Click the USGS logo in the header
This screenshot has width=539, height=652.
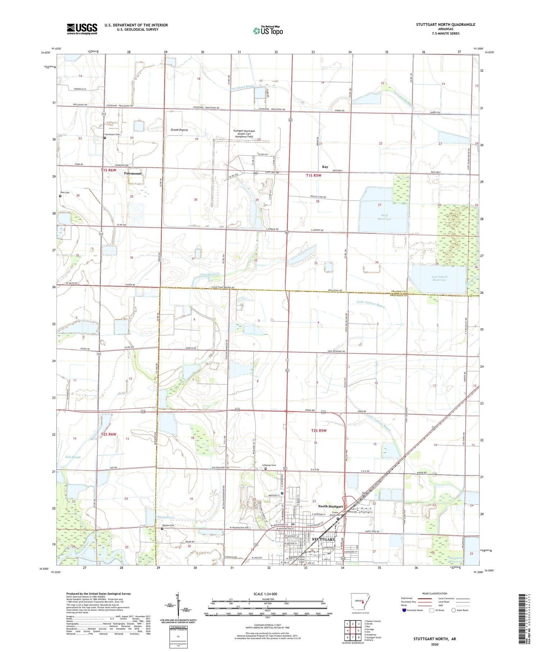point(82,29)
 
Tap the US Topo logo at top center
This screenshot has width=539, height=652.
point(268,31)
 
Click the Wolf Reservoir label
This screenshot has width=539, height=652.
point(384,217)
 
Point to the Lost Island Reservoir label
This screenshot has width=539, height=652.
point(439,278)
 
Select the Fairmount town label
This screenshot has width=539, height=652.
point(133,173)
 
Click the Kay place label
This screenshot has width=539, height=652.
point(325,167)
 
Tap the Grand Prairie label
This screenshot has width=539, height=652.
point(179,130)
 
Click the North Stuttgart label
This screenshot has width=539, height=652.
point(330,506)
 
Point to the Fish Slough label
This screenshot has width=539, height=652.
point(73,457)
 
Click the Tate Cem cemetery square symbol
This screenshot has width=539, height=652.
point(60,196)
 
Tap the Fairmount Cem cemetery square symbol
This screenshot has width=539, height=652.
point(105,138)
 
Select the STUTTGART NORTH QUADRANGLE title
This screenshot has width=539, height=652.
point(445,24)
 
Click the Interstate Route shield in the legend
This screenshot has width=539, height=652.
point(404,610)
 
